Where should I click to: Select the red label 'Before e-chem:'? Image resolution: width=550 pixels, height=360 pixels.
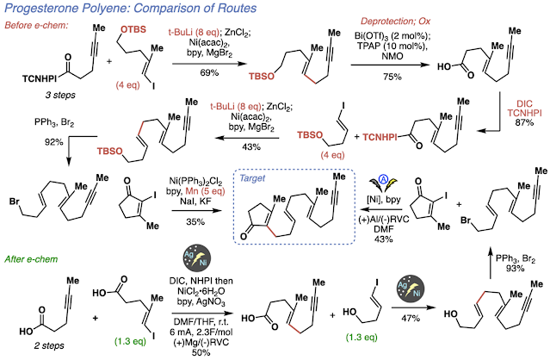(x=36, y=25)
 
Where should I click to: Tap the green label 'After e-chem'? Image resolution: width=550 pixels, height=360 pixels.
(x=31, y=259)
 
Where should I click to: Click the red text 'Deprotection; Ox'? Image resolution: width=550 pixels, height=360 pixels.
(x=395, y=22)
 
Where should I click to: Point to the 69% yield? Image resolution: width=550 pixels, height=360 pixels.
(x=209, y=72)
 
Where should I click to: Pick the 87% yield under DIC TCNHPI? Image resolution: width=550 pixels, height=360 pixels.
(x=524, y=122)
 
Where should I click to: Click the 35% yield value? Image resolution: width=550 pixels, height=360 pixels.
(x=195, y=221)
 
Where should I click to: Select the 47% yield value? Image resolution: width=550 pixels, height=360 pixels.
(x=411, y=318)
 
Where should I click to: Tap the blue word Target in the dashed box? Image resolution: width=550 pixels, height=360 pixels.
(x=252, y=178)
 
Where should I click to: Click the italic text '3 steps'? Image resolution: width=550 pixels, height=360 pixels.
(x=60, y=95)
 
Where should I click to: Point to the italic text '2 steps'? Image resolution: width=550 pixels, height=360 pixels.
(x=49, y=345)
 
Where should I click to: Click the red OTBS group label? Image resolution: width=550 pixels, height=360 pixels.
(x=133, y=29)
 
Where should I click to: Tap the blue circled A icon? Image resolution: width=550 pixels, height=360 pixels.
(x=383, y=180)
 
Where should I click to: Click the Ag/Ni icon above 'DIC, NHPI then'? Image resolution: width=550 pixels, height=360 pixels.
(x=197, y=259)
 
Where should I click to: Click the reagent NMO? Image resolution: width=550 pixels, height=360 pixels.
(x=392, y=56)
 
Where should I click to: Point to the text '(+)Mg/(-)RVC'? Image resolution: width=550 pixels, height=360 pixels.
(x=201, y=341)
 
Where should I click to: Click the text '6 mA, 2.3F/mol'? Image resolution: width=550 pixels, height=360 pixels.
(x=201, y=332)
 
